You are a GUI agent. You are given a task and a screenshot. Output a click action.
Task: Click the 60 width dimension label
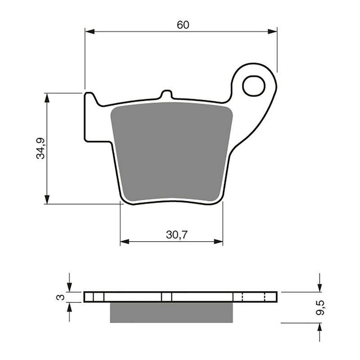[182, 25]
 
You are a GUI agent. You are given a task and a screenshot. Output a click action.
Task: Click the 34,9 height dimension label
[40, 148]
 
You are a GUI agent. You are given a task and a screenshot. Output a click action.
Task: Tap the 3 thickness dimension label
[58, 297]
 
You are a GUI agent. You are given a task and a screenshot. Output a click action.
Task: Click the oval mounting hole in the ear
[254, 86]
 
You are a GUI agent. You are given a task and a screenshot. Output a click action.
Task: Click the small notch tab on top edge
[166, 94]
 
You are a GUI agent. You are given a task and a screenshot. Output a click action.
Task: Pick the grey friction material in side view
[171, 312]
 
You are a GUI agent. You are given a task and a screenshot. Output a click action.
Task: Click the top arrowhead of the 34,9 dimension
[47, 98]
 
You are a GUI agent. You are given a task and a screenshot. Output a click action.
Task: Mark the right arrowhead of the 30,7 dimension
[219, 242]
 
